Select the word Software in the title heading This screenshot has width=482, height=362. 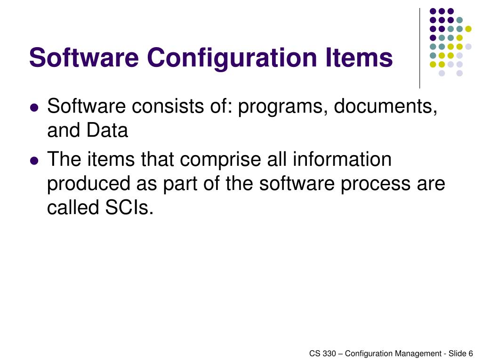pos(84,58)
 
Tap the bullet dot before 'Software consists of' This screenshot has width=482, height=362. pos(33,107)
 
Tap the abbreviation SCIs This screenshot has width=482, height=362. pos(127,207)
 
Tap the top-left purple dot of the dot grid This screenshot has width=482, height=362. pos(432,11)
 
